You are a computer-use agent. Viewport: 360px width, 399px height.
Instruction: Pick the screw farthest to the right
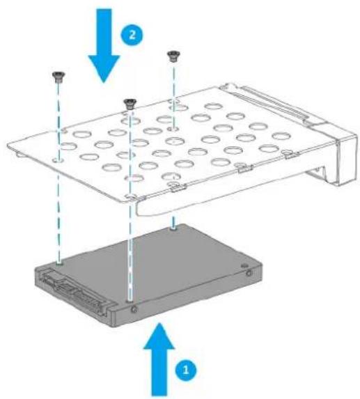[171, 57]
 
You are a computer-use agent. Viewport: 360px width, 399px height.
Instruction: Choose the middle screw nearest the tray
[128, 104]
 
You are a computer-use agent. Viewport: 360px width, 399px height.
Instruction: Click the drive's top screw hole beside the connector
[61, 263]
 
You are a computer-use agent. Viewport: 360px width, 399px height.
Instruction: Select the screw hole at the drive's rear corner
[173, 226]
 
